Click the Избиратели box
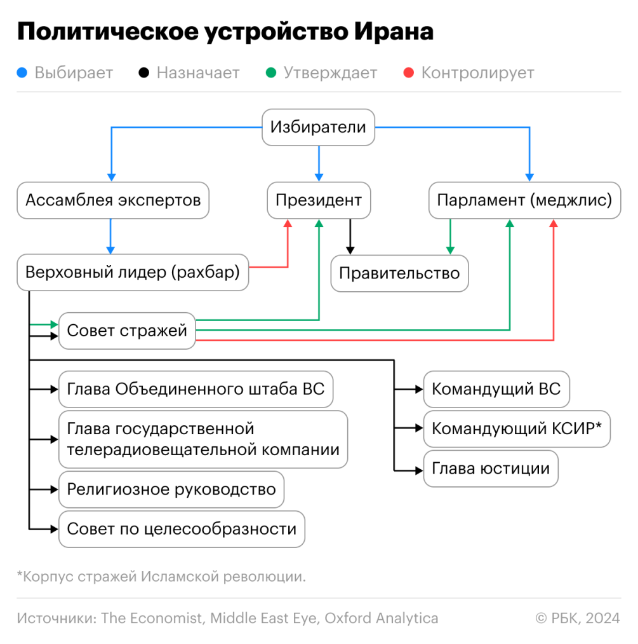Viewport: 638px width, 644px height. pyautogui.click(x=318, y=127)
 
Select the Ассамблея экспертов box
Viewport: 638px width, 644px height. pyautogui.click(x=113, y=200)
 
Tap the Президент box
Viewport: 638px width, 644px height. pyautogui.click(x=319, y=200)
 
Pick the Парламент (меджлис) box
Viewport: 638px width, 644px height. pyautogui.click(x=524, y=200)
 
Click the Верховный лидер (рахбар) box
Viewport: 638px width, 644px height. pyautogui.click(x=133, y=272)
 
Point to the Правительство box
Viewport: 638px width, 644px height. pyautogui.click(x=399, y=273)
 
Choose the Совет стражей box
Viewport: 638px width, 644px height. pyautogui.click(x=127, y=331)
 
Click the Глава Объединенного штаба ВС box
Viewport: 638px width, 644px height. pyautogui.click(x=196, y=389)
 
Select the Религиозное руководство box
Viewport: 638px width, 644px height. pyautogui.click(x=171, y=490)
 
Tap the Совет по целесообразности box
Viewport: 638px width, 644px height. pyautogui.click(x=182, y=529)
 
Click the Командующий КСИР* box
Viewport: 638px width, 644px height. pyautogui.click(x=517, y=428)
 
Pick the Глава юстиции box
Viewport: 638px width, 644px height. pyautogui.click(x=491, y=469)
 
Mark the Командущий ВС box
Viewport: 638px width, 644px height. pyautogui.click(x=496, y=389)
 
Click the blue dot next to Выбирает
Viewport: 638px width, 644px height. pyautogui.click(x=22, y=72)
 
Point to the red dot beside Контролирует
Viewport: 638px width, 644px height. pyautogui.click(x=409, y=72)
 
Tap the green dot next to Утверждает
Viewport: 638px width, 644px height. pyautogui.click(x=271, y=72)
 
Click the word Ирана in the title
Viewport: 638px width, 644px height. pyautogui.click(x=394, y=32)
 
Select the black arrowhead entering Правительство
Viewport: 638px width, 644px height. pyautogui.click(x=350, y=250)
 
